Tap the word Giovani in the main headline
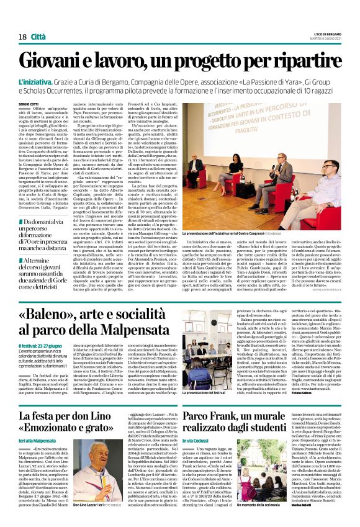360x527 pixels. click(x=63, y=60)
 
